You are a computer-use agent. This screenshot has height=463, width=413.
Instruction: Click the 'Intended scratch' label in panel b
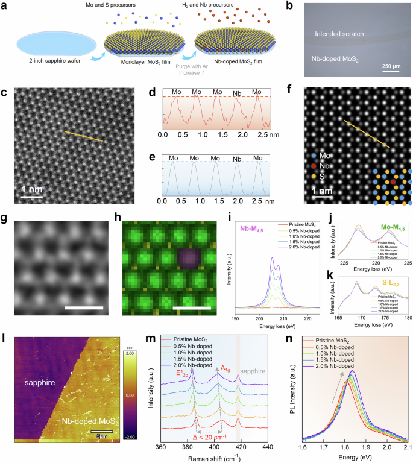[x=341, y=36]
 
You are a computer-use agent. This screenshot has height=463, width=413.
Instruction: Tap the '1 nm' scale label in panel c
[x=31, y=192]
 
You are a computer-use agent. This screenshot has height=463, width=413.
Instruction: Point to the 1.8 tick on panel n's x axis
[x=343, y=447]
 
